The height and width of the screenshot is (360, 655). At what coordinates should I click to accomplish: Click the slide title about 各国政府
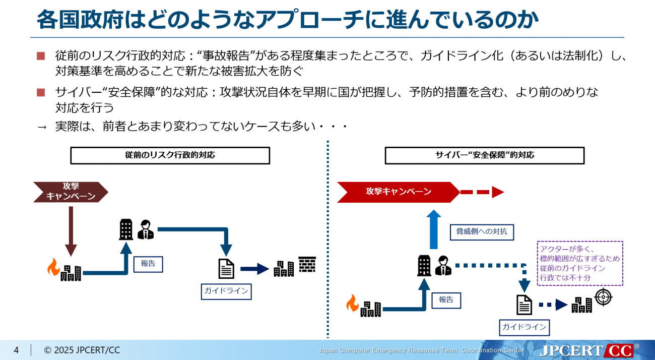[288, 20]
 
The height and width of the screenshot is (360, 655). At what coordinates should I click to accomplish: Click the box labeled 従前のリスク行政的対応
[170, 155]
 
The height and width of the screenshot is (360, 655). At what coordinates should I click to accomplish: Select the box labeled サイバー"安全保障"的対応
[484, 155]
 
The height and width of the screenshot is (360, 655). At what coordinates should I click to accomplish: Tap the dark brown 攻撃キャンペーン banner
[71, 192]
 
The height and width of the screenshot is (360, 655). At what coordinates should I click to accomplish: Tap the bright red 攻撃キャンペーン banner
[398, 192]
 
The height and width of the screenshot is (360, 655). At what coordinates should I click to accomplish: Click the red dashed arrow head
[498, 192]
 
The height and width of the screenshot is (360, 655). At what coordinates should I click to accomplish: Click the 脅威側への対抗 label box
[475, 232]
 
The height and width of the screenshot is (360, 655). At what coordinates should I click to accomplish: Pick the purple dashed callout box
[580, 263]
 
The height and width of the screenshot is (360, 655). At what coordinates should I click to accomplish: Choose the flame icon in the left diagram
[53, 267]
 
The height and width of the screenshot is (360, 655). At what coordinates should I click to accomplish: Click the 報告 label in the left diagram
[148, 264]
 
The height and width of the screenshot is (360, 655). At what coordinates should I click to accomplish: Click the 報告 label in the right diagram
[446, 300]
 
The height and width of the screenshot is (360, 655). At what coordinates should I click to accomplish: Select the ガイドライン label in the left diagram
[226, 291]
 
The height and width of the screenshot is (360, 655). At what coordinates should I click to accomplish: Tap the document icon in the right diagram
[525, 305]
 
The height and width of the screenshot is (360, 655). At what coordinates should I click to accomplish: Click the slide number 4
[16, 350]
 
